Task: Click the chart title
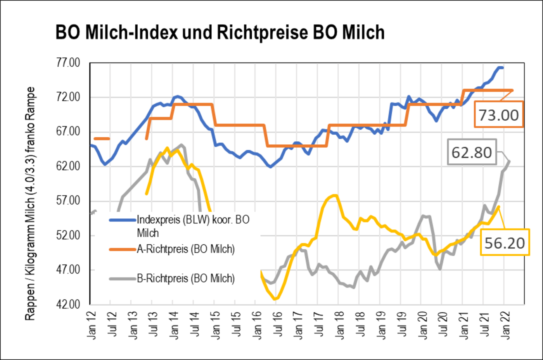[220, 33]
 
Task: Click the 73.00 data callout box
[498, 115]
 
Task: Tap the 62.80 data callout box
[472, 152]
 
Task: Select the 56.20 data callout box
[505, 243]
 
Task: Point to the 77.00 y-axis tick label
[69, 63]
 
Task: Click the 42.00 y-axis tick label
[69, 304]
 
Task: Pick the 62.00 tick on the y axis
[69, 166]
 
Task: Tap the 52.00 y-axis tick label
[69, 235]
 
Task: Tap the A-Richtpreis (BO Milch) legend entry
[186, 249]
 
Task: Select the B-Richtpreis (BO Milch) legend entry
[186, 279]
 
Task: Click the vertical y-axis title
[30, 204]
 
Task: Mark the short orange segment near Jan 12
[102, 138]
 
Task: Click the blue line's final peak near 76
[500, 67]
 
